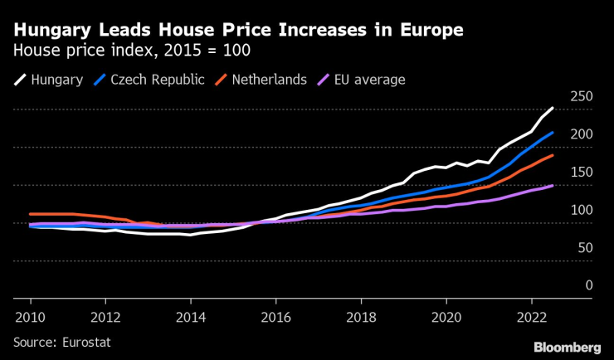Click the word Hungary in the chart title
(51, 31)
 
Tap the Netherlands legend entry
(264, 80)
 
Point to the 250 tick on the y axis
(582, 97)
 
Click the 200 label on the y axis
(582, 134)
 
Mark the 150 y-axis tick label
(582, 172)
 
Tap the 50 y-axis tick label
(585, 247)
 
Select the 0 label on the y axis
(588, 285)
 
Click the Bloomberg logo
(566, 346)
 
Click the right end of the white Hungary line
(553, 108)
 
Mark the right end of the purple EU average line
(553, 186)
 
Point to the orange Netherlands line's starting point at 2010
(30, 214)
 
